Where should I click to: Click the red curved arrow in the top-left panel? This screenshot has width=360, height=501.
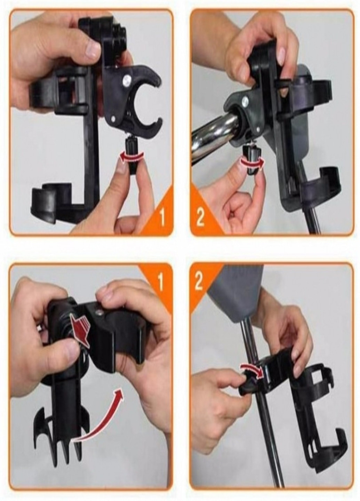[x=131, y=156]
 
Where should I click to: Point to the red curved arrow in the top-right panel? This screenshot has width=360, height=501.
[x=252, y=161]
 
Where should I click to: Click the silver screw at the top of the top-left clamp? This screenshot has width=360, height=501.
[x=127, y=79]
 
